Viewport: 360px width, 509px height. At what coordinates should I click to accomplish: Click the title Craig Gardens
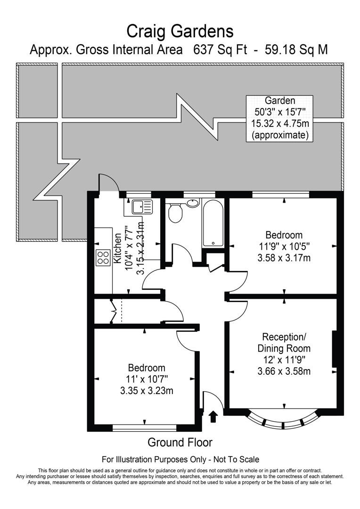coord(180,31)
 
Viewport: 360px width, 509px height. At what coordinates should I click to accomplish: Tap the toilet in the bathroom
coord(176,213)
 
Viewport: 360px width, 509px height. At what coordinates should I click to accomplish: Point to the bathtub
coord(213,223)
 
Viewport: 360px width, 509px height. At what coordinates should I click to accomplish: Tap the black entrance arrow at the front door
coord(213,416)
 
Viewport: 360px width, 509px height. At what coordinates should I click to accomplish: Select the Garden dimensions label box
coord(280,118)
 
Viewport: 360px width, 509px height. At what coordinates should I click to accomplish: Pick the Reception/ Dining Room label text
coord(284,343)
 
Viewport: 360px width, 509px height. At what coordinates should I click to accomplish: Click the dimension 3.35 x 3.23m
coord(147,390)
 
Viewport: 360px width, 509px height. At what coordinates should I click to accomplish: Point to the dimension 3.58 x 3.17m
coord(284,258)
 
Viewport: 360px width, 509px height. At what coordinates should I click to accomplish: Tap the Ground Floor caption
coord(180,443)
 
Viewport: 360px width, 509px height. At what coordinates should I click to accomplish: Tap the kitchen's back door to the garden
coord(106,184)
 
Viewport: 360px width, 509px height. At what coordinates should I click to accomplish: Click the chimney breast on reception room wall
coord(335,349)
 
